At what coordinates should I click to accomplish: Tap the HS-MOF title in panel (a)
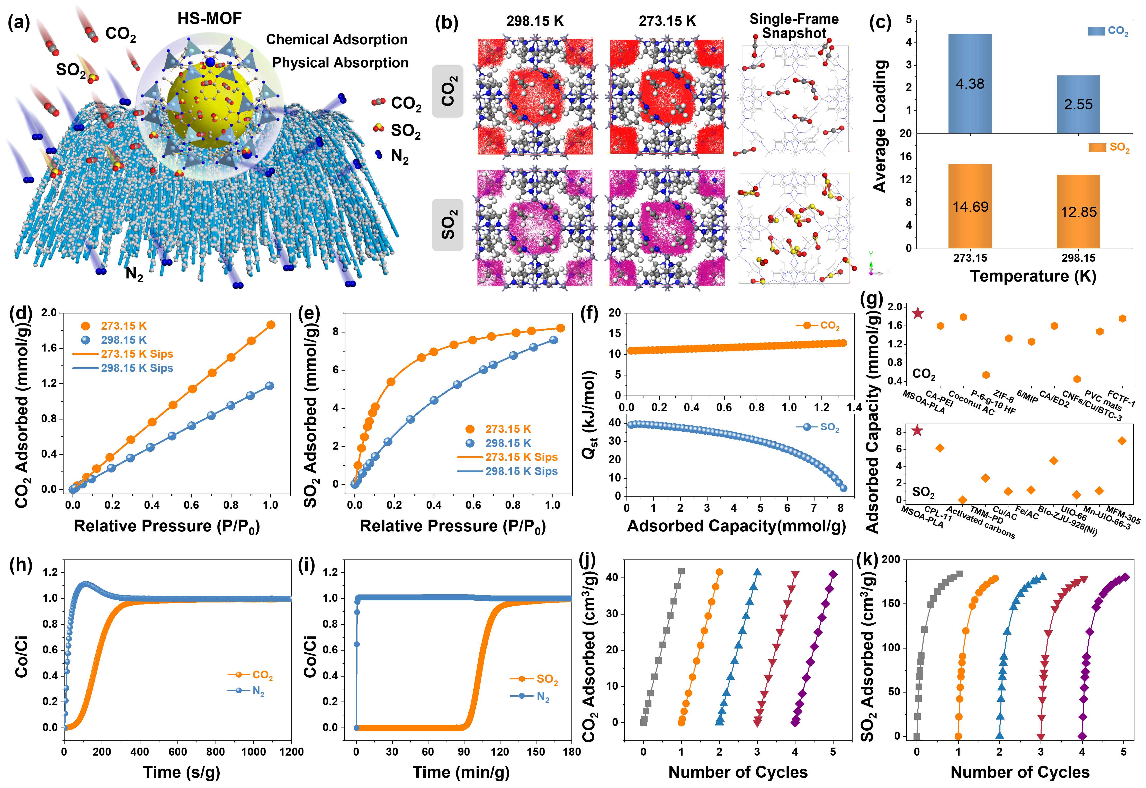click(x=210, y=19)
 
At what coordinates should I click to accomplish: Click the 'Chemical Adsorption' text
click(x=337, y=39)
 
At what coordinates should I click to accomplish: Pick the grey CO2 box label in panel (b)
click(x=447, y=91)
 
